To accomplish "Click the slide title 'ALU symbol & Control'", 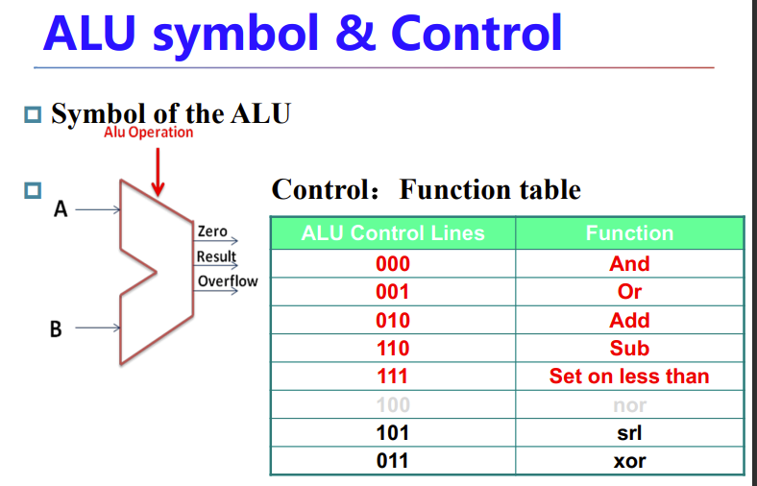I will click(x=303, y=35).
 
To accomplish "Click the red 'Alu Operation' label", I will click(x=149, y=133).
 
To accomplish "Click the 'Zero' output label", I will click(x=212, y=231).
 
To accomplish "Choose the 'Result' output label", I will click(x=216, y=256).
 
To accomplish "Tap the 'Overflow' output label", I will click(x=228, y=281).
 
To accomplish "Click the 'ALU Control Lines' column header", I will click(x=393, y=233).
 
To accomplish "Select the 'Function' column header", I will click(x=629, y=233).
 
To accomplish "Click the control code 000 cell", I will click(x=393, y=264).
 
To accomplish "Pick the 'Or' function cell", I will click(x=629, y=292).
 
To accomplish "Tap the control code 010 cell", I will click(x=393, y=321).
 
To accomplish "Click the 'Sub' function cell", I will click(x=629, y=349).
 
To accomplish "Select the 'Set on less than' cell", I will click(x=629, y=377).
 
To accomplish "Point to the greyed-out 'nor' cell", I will click(x=629, y=405).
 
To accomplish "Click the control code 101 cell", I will click(x=393, y=433).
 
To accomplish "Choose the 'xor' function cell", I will click(x=629, y=461).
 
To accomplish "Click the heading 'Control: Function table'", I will click(x=427, y=189).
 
